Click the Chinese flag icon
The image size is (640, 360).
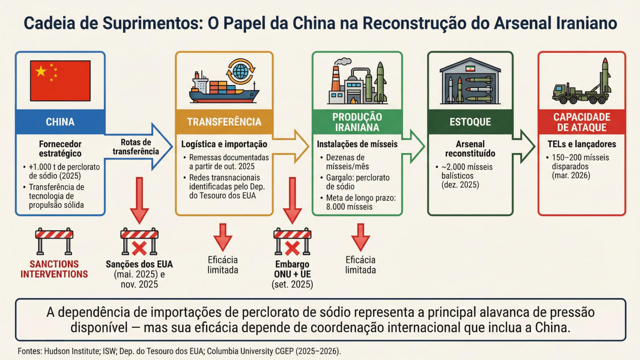pos(60,80)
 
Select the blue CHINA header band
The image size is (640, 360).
pos(60,122)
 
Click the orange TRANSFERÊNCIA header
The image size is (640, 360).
pos(224,122)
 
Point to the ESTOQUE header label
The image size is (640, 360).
pos(470,122)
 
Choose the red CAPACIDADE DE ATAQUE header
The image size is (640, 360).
pos(582,122)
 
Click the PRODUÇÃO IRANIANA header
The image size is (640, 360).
pos(357,122)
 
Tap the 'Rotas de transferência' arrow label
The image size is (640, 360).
pos(136,147)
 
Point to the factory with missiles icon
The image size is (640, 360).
pos(357,82)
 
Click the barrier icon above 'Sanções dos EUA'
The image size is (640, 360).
pos(139,242)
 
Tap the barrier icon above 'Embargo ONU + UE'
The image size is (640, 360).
pos(292,242)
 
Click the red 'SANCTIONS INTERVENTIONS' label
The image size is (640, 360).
pos(54,269)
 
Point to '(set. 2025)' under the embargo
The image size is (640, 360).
pos(292,284)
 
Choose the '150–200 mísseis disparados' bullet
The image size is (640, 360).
pos(580,162)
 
